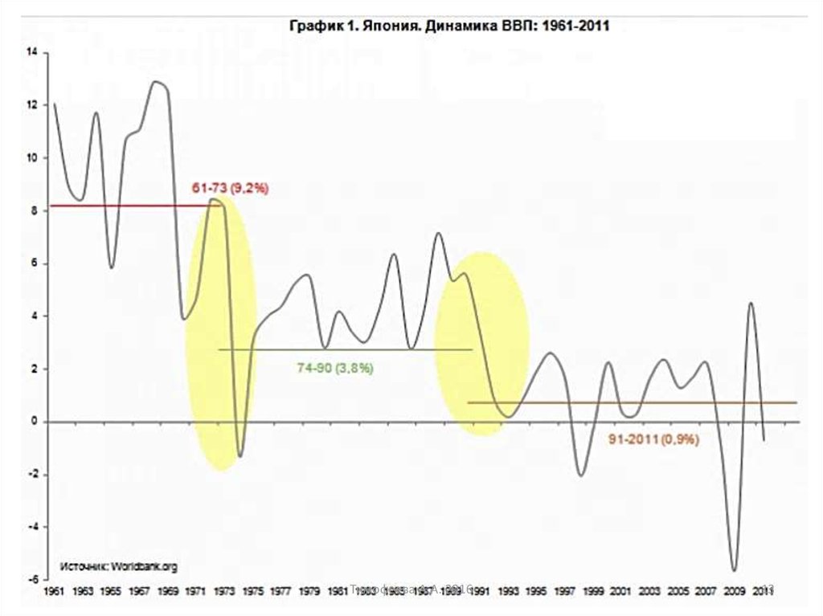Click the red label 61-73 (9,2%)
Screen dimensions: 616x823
pos(229,188)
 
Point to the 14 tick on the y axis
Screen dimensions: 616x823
pos(32,52)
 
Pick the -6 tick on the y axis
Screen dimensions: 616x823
pos(33,579)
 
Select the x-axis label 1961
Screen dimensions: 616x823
pos(55,591)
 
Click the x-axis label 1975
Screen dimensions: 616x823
pos(252,591)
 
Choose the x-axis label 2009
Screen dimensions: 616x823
pos(734,591)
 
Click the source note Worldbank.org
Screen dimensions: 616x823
pos(119,566)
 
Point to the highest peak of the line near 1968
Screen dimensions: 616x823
pos(156,81)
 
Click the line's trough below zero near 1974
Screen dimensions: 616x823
pos(240,456)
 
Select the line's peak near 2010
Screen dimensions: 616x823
pos(751,303)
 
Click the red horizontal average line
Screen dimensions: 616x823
pos(121,206)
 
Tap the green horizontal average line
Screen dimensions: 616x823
pos(346,349)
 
